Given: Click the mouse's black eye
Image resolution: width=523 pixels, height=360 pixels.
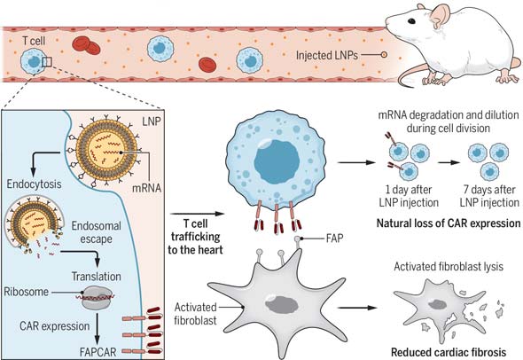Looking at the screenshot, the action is point(411,21).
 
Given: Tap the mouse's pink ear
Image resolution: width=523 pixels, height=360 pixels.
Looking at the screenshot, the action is point(441,15).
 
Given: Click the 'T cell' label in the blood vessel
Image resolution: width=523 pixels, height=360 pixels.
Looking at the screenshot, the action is point(34,41).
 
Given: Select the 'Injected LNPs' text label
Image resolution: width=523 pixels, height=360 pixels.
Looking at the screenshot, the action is point(327,55).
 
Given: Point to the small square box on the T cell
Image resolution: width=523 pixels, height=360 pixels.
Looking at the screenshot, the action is point(47,62).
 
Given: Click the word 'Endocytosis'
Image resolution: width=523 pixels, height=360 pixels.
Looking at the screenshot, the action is point(34,184).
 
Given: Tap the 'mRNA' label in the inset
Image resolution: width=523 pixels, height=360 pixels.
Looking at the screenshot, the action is point(147,188).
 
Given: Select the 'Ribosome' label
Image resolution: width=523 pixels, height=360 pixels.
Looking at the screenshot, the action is point(27,292).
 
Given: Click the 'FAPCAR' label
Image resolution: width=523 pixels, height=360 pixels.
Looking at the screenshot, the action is point(98,352).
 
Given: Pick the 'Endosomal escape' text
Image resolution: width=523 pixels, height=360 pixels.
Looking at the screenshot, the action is point(96,232).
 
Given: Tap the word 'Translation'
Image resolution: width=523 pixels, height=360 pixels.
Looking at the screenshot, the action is point(97,277).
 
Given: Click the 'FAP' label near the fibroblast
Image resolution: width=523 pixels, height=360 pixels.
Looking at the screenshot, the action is point(334,239).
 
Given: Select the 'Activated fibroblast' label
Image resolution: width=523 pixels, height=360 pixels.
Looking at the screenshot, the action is point(195,314).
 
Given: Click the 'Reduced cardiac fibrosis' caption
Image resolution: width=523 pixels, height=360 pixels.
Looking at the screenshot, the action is point(449,352).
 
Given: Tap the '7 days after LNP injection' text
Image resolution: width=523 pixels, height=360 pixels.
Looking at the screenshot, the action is point(489,196).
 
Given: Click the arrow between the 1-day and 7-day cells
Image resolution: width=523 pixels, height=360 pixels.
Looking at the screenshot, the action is point(449,162).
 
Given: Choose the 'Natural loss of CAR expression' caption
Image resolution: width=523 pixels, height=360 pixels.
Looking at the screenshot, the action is point(449,223).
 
